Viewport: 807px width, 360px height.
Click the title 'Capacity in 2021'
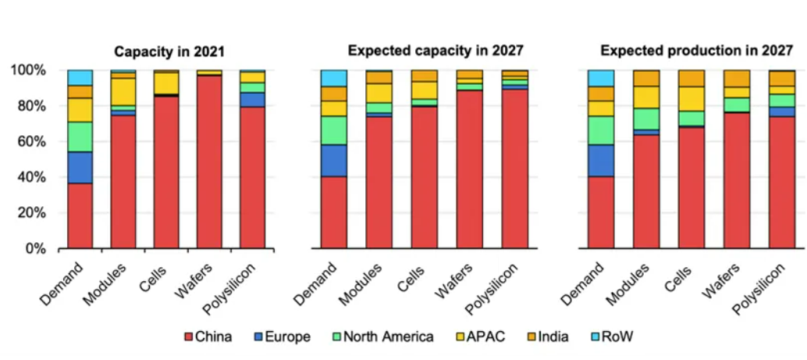tap(169, 52)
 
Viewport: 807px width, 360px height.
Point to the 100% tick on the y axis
tap(30, 70)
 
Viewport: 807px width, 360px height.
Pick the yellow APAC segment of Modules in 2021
tap(123, 91)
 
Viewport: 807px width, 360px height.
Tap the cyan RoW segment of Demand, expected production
tap(600, 78)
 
